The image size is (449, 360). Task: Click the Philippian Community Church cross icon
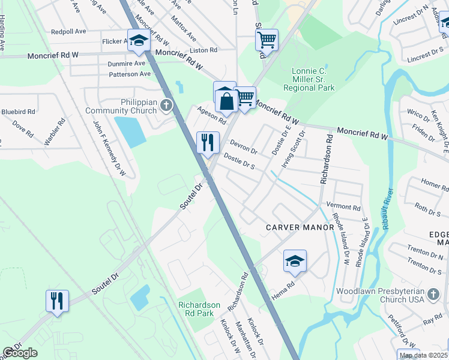(166, 106)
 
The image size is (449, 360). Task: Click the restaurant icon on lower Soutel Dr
(57, 300)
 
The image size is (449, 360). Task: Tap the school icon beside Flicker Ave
(139, 40)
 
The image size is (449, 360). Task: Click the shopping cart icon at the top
(267, 40)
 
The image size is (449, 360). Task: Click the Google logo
(20, 353)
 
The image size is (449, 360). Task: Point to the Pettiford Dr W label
(402, 331)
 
